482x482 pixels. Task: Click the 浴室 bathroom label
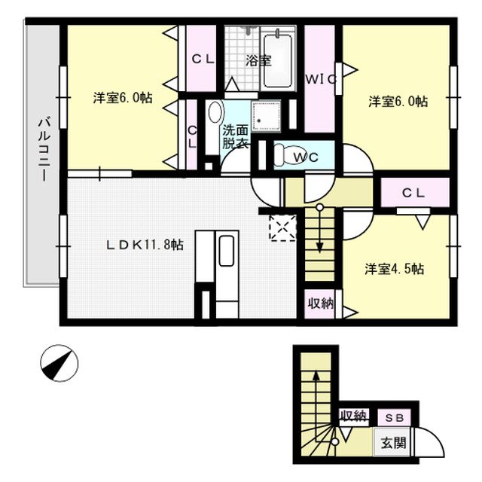[x=258, y=61]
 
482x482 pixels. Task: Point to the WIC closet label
[x=320, y=78]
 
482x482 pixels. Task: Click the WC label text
[x=306, y=157]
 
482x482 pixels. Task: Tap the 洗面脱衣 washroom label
[x=234, y=136]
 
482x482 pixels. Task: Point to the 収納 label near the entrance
[x=352, y=415]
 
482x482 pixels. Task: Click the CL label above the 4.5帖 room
[x=414, y=193]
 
